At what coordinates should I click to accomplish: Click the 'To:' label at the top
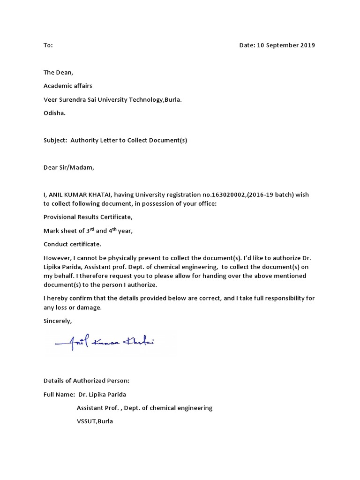(48, 45)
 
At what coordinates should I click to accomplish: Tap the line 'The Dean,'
(59, 73)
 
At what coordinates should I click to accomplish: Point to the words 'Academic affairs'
(68, 86)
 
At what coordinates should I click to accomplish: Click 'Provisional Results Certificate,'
(88, 217)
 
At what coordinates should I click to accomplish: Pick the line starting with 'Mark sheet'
(91, 231)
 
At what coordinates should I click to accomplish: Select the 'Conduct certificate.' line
(72, 244)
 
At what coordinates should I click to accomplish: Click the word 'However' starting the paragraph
(58, 258)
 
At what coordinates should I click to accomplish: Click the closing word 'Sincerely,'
(58, 321)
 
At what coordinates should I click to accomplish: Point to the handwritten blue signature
(105, 343)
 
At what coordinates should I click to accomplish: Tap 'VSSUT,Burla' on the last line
(95, 421)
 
